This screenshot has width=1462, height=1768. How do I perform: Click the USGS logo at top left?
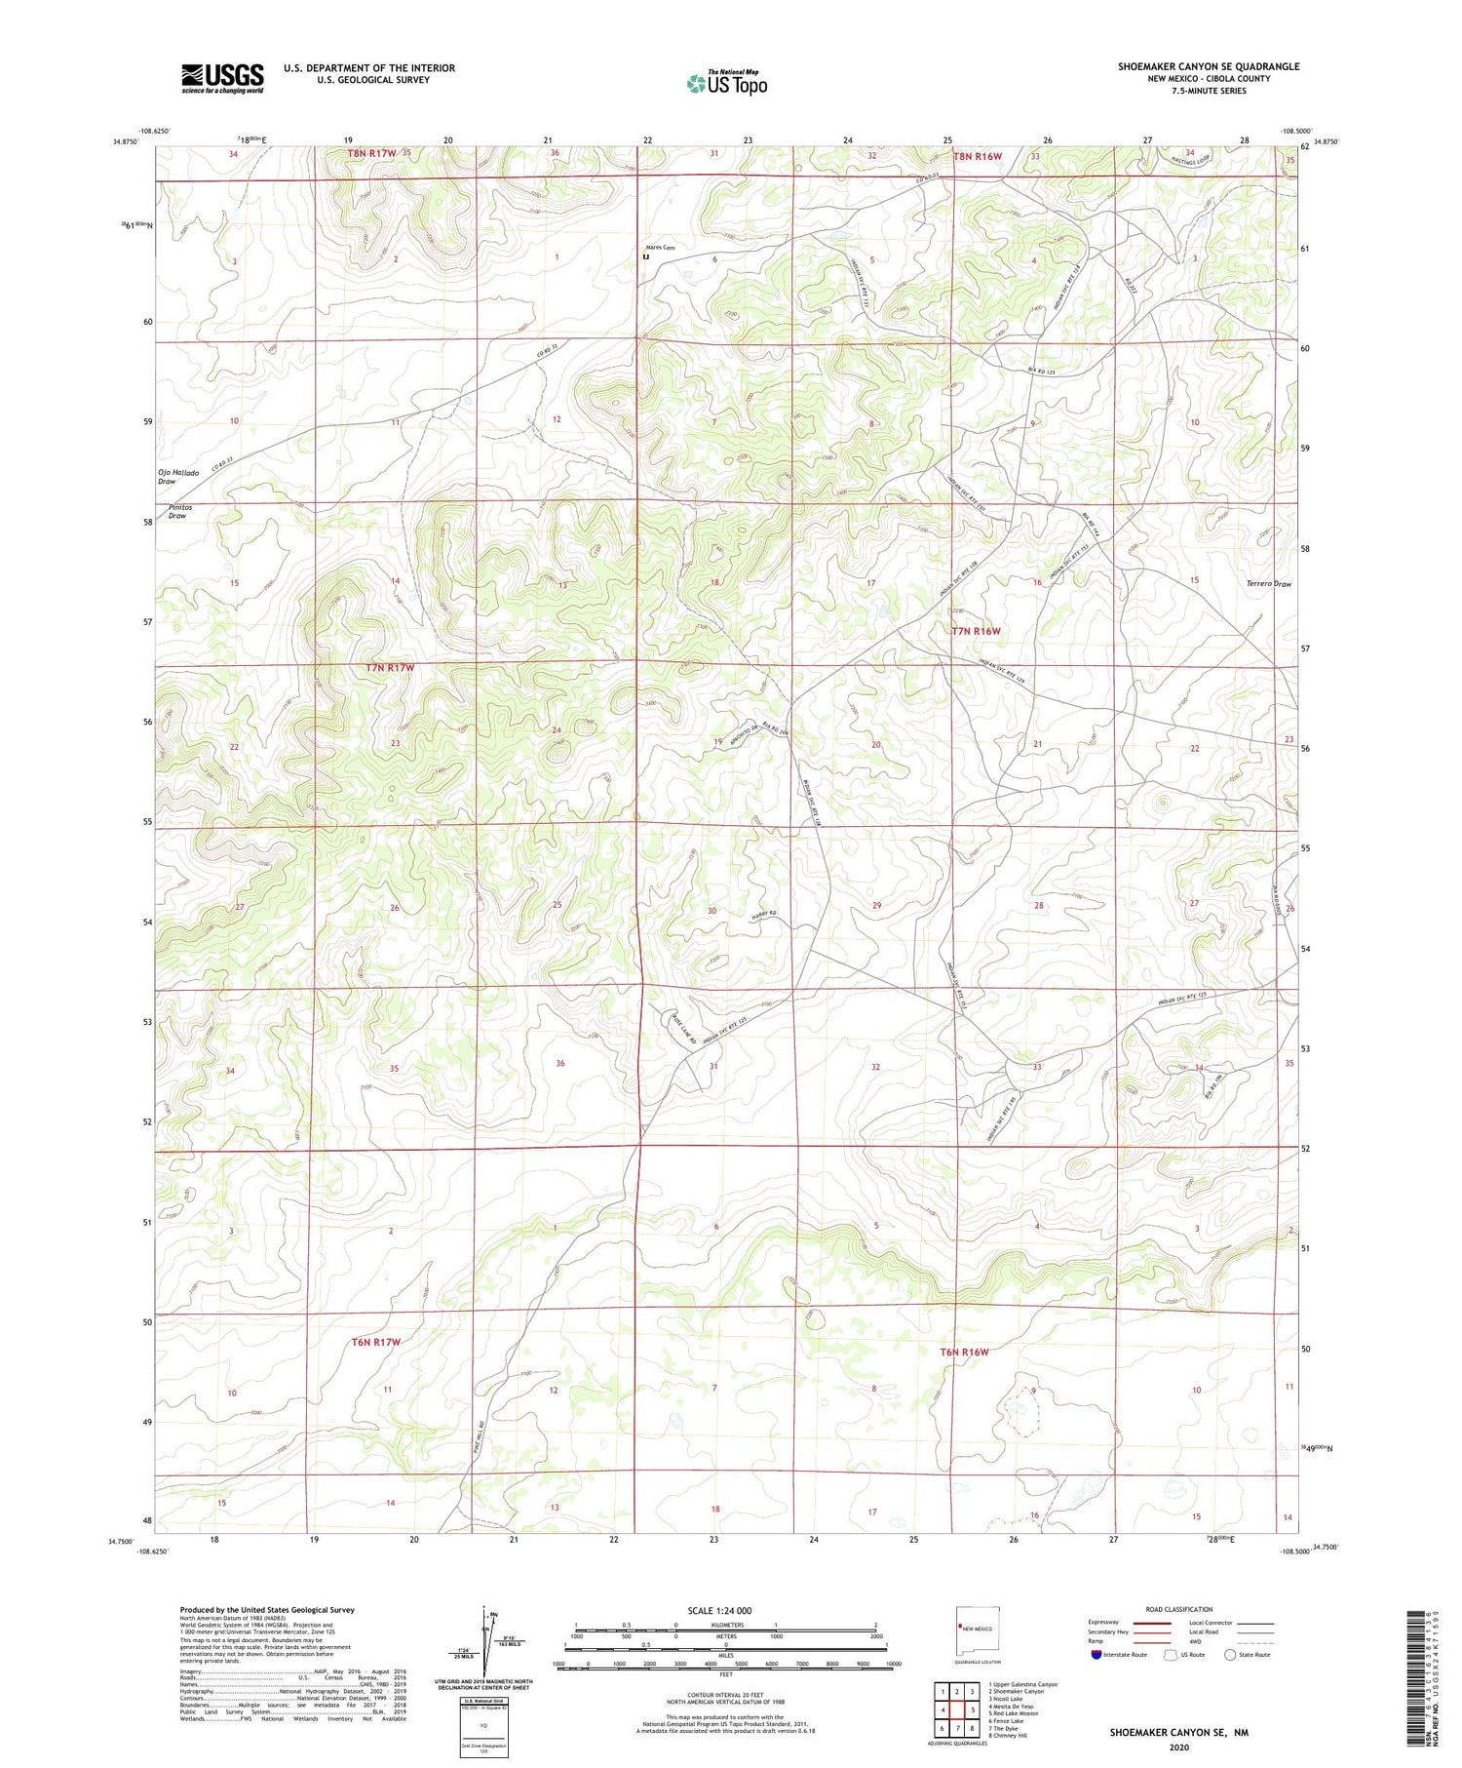point(222,78)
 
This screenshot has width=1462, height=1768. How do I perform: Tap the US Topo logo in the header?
point(726,83)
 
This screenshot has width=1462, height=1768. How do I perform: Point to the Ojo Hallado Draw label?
point(179,477)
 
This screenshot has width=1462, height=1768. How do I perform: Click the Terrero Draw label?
point(1268,584)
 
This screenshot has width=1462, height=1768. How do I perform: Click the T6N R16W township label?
point(964,1352)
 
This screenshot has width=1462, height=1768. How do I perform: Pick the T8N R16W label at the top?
point(977,155)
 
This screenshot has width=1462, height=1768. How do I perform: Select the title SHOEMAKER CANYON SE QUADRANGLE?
point(1209,66)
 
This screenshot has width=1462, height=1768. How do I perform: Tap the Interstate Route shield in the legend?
point(1096,1655)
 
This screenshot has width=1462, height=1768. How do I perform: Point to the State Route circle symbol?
point(1230,1655)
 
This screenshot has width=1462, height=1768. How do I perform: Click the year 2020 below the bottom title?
point(1178,1747)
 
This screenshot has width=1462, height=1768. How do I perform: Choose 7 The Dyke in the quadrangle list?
point(1009,1728)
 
